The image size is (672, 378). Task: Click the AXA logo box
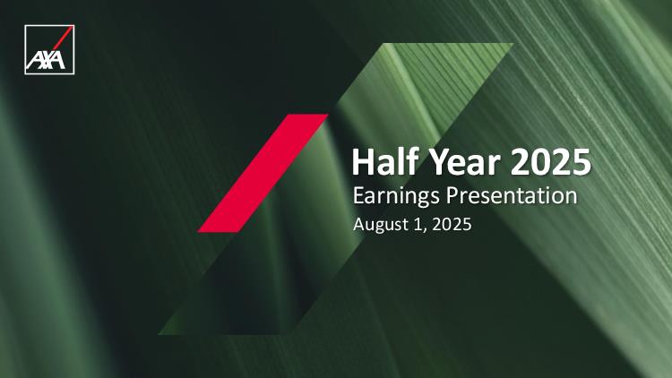[49, 49]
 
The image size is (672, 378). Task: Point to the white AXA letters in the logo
[46, 60]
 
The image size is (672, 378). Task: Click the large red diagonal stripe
[263, 173]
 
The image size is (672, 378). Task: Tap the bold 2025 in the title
[551, 161]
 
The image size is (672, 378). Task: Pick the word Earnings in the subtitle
[396, 197]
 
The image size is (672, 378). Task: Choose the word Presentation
[512, 195]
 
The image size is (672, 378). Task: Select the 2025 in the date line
[452, 224]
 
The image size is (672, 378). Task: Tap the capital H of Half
[364, 161]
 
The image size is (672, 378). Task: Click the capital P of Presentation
[452, 195]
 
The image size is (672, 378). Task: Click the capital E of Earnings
[358, 195]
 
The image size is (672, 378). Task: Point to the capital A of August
[360, 225]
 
